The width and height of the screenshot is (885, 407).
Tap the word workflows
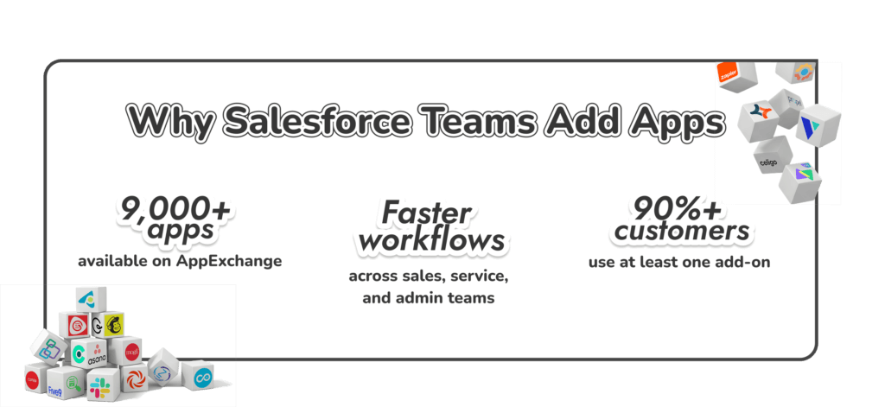click(x=431, y=239)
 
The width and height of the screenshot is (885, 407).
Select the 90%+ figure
click(x=676, y=209)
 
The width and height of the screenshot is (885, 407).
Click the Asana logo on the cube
click(x=97, y=355)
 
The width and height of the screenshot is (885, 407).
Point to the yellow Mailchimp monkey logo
click(x=112, y=326)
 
